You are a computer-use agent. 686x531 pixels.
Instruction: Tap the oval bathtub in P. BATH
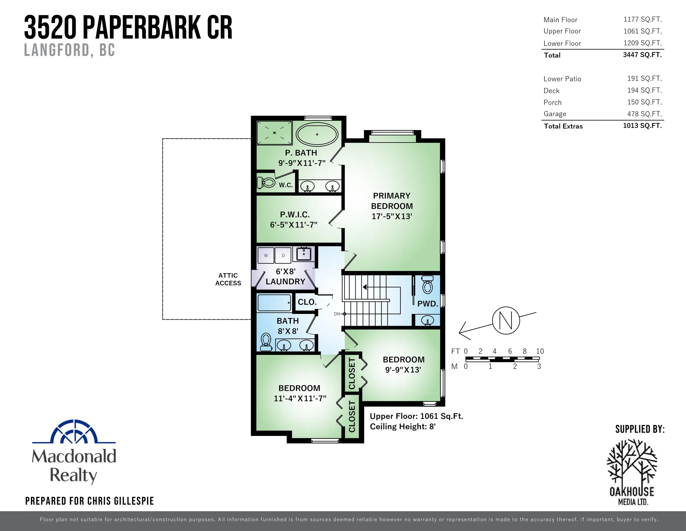tap(317, 134)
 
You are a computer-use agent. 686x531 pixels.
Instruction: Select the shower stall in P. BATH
tap(274, 133)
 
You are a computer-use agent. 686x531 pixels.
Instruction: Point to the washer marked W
tap(266, 255)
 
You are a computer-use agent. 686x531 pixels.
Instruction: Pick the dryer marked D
tap(283, 255)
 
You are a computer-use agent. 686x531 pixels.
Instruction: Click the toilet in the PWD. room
tap(427, 285)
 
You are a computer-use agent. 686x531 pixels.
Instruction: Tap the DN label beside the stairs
tap(337, 314)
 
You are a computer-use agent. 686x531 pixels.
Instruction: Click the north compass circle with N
tap(506, 320)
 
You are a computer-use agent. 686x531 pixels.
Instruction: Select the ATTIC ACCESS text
tap(228, 279)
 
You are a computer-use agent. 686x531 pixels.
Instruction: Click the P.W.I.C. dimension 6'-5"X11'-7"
tap(294, 225)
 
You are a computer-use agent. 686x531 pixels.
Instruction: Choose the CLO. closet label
tap(307, 302)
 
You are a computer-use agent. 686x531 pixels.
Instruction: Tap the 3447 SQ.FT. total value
tap(642, 55)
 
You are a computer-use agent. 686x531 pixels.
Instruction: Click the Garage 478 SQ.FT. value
tap(644, 114)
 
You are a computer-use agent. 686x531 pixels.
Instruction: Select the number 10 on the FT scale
tap(540, 351)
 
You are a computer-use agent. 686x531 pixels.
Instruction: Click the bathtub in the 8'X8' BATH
tap(274, 303)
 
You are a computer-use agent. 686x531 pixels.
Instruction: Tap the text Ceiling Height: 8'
tap(402, 427)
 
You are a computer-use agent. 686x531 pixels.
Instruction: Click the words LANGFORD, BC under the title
tap(69, 50)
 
